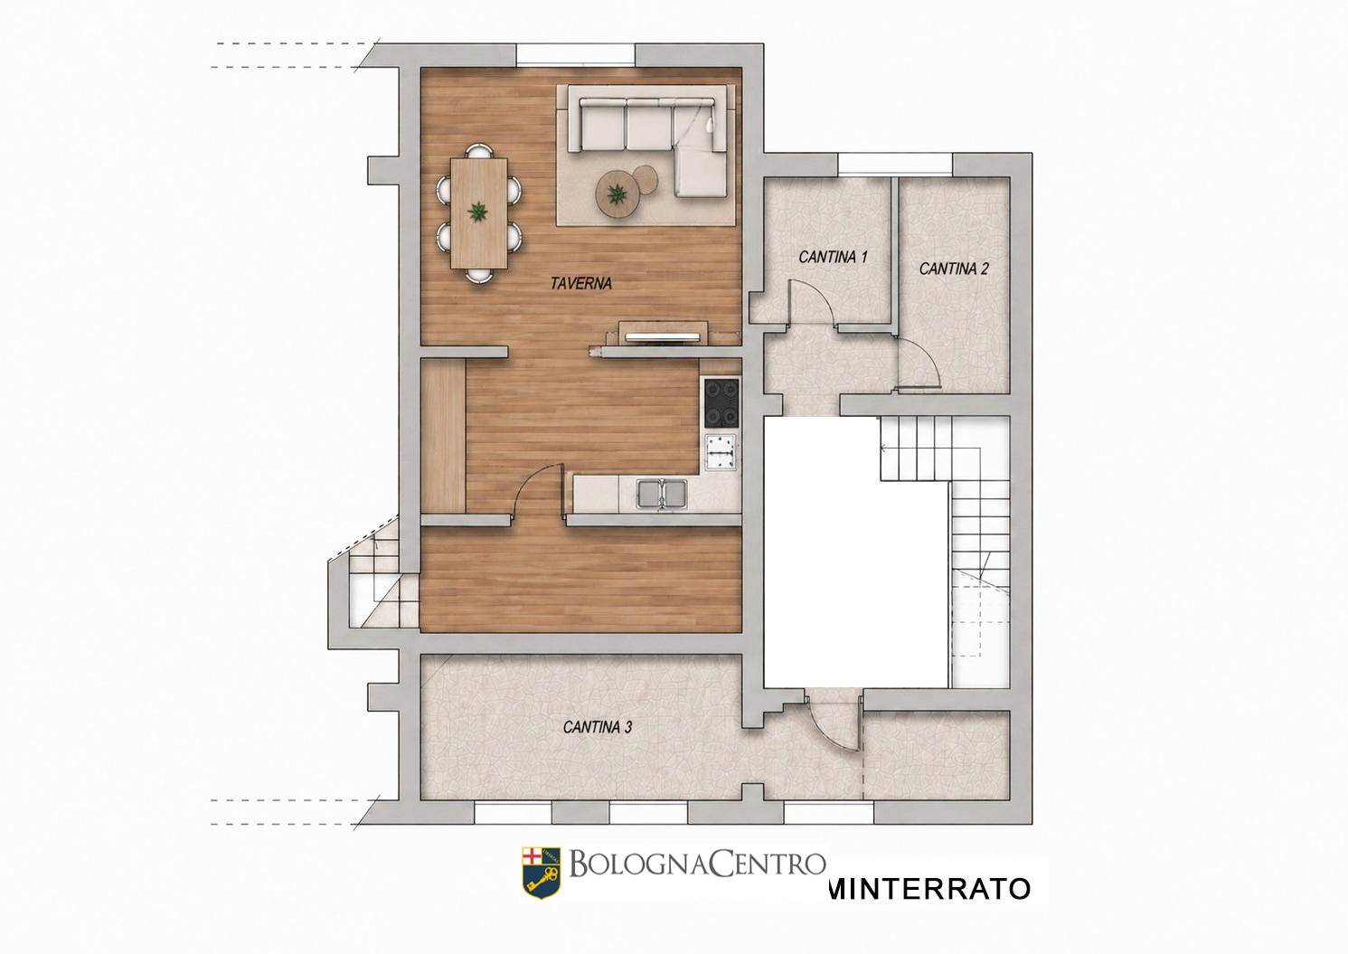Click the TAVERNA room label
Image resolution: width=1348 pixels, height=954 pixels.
[x=580, y=284]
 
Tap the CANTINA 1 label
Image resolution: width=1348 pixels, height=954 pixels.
[x=833, y=257]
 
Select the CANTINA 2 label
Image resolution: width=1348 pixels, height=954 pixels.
[x=954, y=269]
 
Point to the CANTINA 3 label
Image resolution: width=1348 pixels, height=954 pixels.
[x=598, y=728]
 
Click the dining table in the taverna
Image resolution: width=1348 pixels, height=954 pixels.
[x=479, y=213]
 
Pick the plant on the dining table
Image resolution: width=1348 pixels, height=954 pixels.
[x=479, y=213]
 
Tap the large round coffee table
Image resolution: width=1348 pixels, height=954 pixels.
[x=617, y=193]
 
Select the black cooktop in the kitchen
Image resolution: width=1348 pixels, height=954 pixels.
[x=721, y=401]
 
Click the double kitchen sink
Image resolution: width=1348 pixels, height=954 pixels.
[x=662, y=494]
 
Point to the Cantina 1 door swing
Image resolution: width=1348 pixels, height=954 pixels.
[x=812, y=304]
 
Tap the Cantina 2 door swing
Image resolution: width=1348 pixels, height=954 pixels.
[x=919, y=363]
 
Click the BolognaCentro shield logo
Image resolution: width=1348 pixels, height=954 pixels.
[x=541, y=874]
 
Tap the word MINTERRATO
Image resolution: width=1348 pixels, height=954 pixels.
[x=929, y=889]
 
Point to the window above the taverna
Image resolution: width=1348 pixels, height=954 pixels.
[x=576, y=54]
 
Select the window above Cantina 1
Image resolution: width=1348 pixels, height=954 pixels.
[x=895, y=165]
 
